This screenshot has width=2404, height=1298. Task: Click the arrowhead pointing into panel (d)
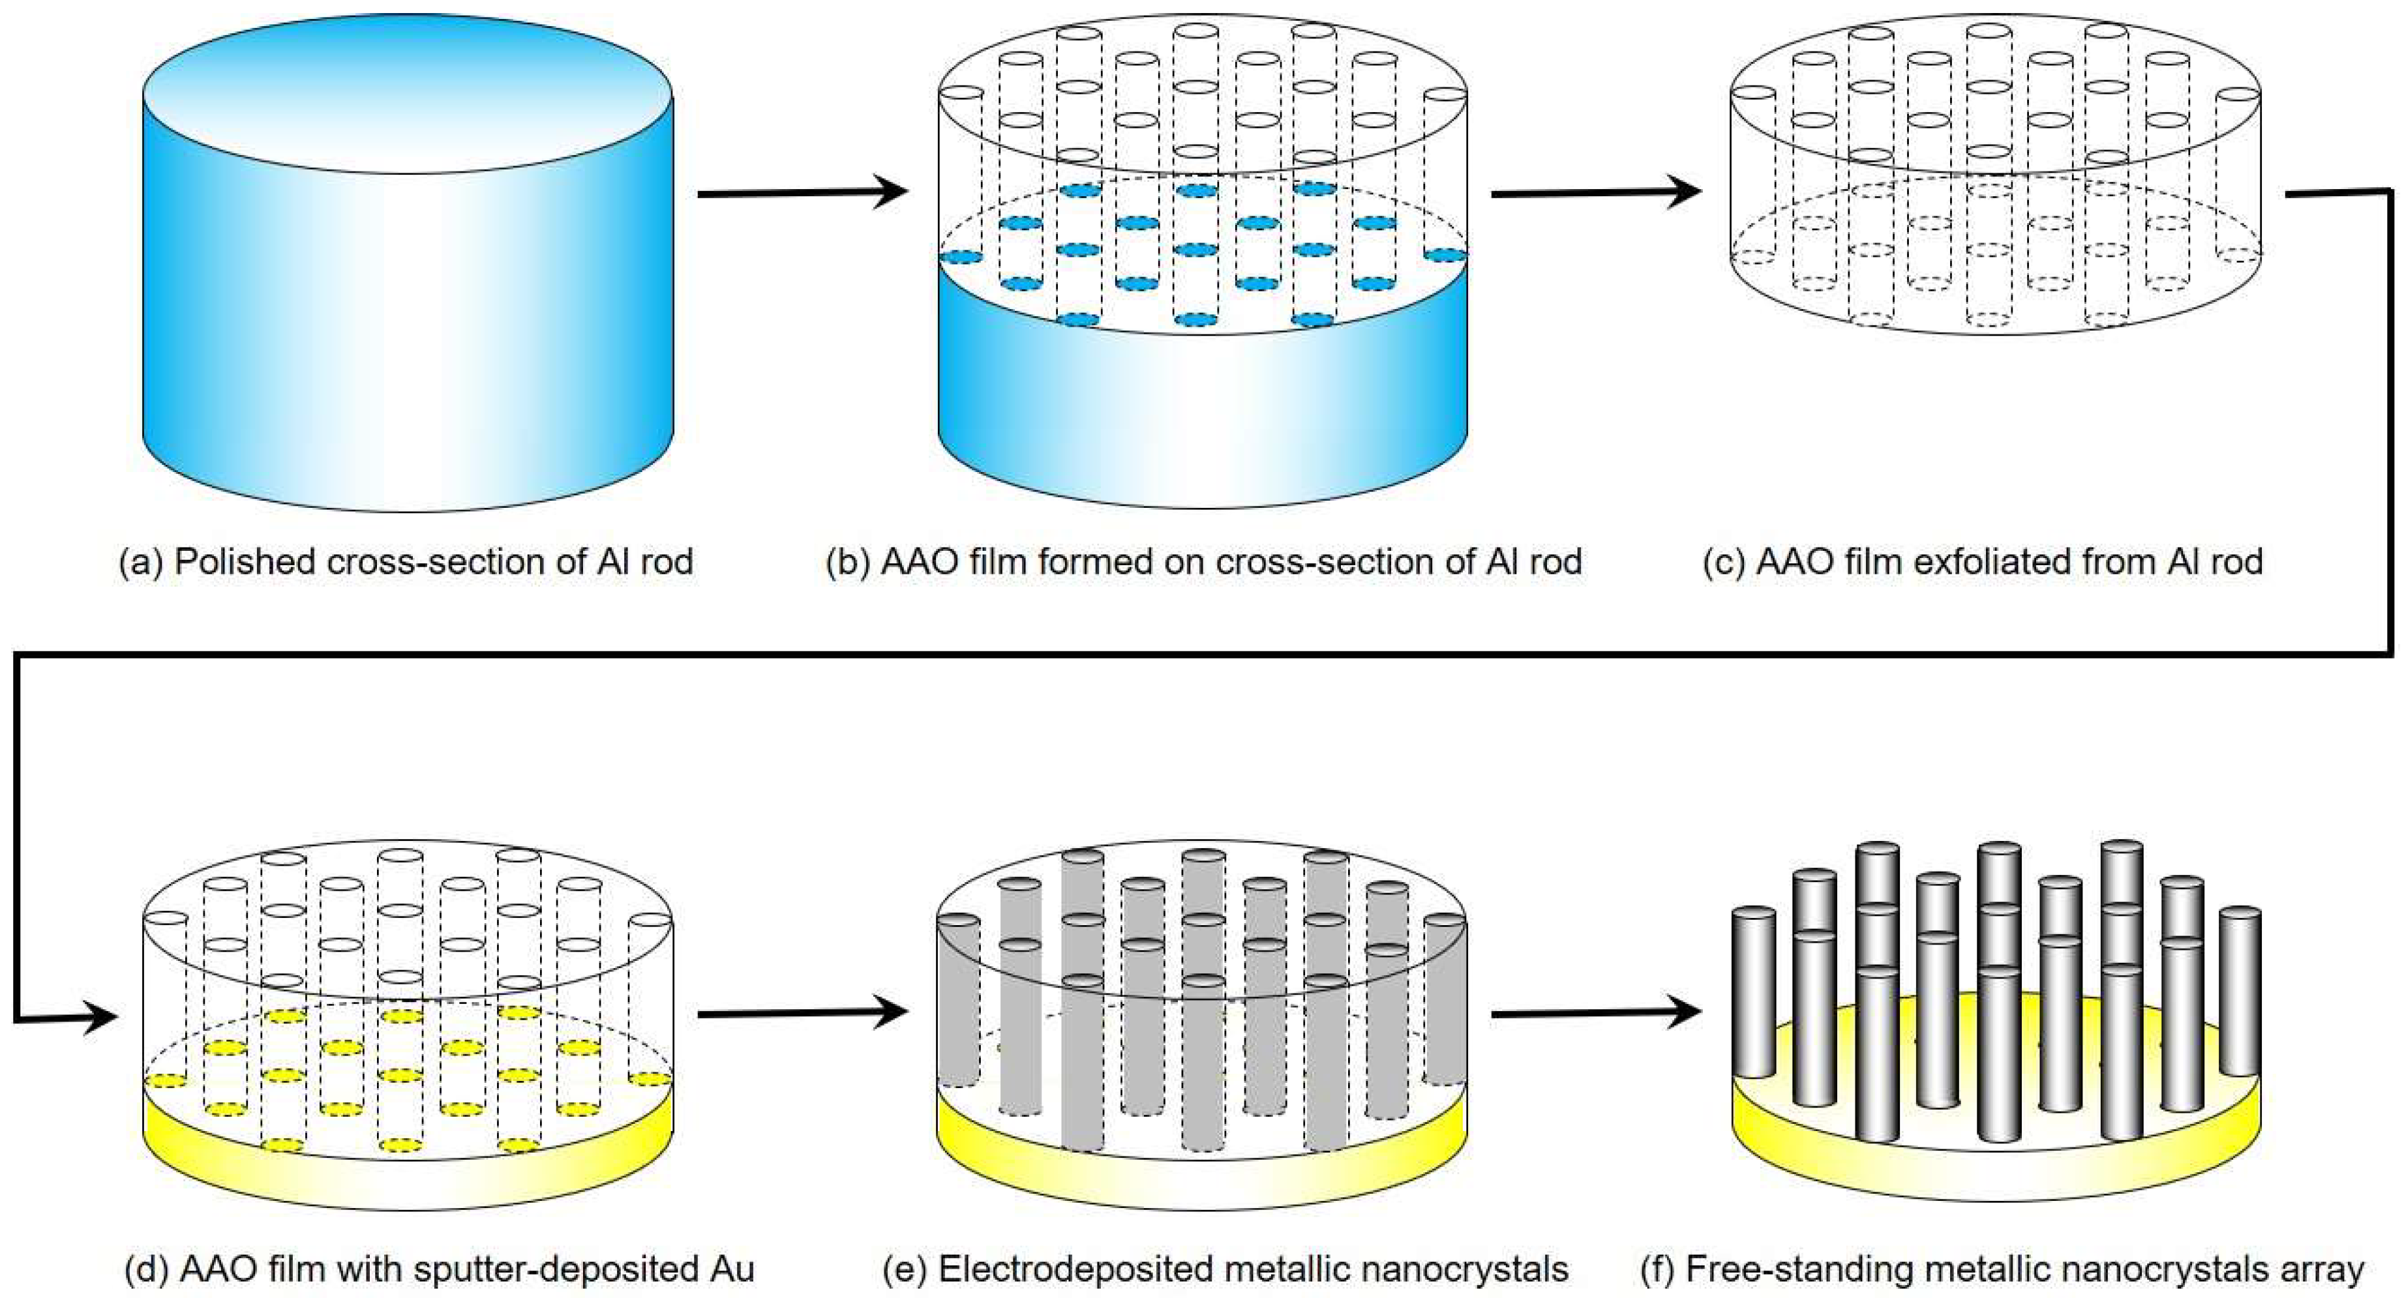point(98,1017)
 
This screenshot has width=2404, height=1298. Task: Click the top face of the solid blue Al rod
point(408,93)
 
